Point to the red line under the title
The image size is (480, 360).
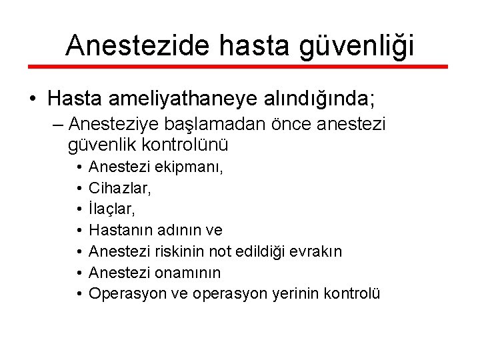240,67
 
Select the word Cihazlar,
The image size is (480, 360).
120,189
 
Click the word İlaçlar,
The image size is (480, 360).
112,209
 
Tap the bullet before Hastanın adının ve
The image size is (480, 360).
79,230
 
